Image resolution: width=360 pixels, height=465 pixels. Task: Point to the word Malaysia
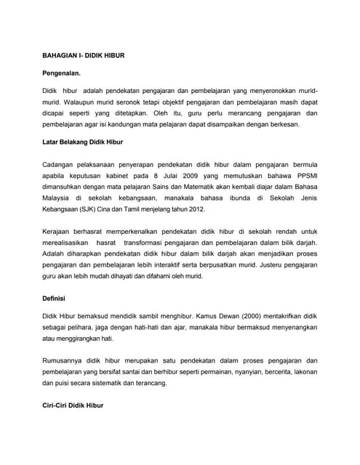pos(57,197)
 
